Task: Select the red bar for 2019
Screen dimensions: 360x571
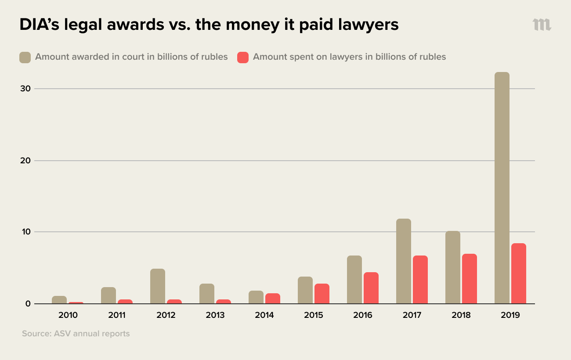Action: coord(519,274)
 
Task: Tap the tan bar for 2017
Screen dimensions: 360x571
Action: coord(404,261)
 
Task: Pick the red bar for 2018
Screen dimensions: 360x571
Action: coord(470,279)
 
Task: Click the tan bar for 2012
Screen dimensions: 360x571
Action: coord(158,286)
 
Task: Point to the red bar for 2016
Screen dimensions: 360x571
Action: coord(371,288)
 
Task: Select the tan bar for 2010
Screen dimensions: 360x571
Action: coord(59,300)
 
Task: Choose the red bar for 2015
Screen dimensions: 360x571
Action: coord(322,294)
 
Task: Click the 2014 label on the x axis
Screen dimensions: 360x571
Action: coord(264,315)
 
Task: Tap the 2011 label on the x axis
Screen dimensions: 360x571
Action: coord(117,315)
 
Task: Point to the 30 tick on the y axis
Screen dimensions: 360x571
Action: coord(25,89)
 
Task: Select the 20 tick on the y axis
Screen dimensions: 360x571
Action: coord(25,161)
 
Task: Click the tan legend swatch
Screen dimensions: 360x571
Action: coord(25,57)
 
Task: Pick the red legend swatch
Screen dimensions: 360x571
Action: coord(243,57)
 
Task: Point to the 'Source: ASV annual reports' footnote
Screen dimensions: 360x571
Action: coord(76,334)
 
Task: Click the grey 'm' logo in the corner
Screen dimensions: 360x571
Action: coord(542,25)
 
